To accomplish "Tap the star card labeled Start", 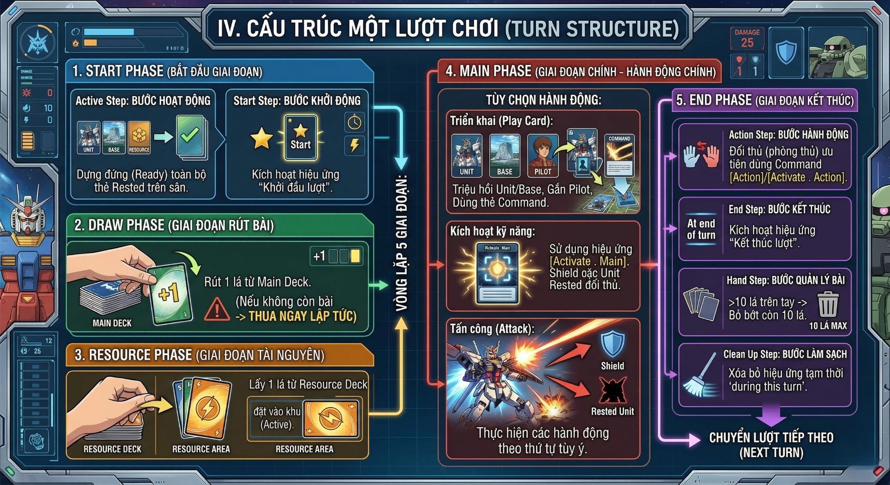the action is tap(300, 137).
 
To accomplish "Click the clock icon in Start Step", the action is tap(354, 122).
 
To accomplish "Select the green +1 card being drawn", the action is tap(169, 294).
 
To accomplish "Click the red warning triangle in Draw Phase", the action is tap(216, 309).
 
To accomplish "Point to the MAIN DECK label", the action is tap(112, 323).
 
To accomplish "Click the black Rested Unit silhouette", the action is tap(612, 390).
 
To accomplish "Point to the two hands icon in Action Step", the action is tap(701, 155).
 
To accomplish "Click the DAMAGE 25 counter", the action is tap(747, 39).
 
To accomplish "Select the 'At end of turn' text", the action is tap(701, 229).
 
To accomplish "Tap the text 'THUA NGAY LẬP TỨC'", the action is tap(302, 316).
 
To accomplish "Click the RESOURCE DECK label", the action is tap(112, 449).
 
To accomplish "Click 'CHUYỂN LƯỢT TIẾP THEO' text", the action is tap(771, 437).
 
